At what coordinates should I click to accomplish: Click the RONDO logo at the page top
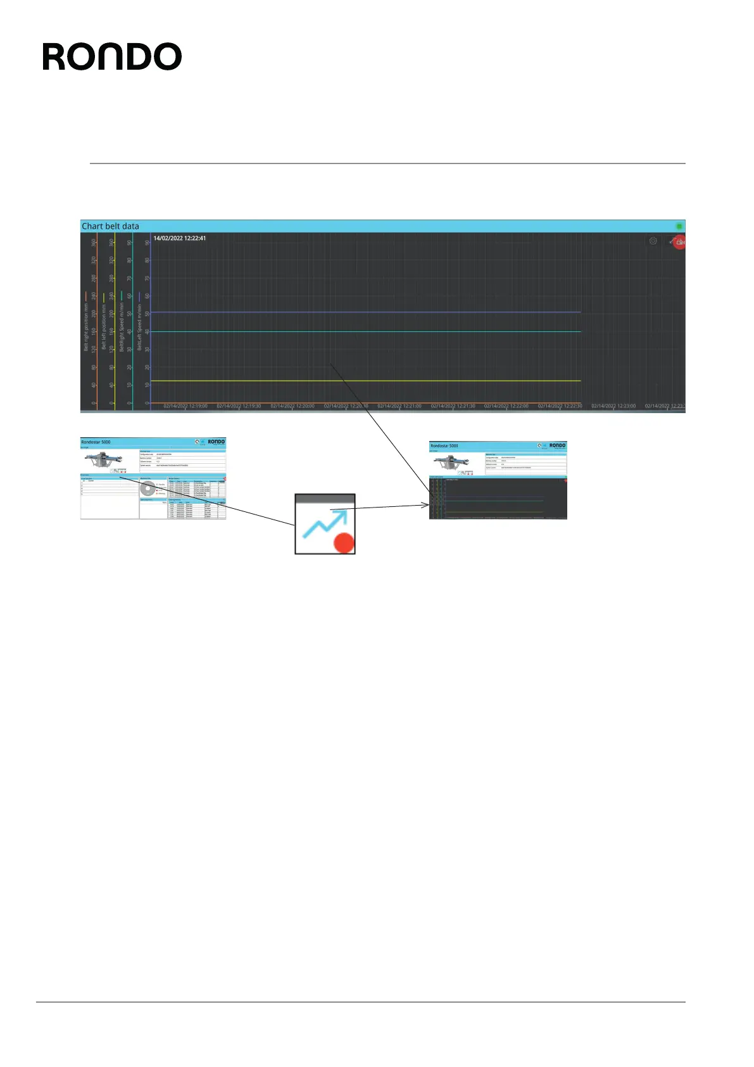pos(112,57)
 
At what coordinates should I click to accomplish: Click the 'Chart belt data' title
pos(110,226)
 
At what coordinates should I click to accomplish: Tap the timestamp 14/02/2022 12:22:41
pos(180,238)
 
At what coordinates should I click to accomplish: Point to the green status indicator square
pos(679,226)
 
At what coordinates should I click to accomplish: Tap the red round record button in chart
pos(679,241)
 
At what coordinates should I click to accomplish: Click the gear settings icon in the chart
pos(653,241)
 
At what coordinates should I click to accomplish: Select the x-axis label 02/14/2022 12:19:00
pos(185,406)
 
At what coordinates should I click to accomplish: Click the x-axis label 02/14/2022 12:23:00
pos(613,406)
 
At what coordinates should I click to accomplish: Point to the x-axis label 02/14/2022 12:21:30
pos(453,406)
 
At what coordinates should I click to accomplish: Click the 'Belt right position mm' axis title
pos(87,327)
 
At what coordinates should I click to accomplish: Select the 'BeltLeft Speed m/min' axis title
pos(140,327)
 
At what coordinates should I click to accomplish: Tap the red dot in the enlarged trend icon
pos(344,543)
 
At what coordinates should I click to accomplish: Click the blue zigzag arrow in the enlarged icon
pos(324,523)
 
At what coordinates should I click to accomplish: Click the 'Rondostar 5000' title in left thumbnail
pos(96,442)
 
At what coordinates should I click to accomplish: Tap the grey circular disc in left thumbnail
pos(148,489)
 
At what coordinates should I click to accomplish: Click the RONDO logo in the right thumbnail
pos(557,445)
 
